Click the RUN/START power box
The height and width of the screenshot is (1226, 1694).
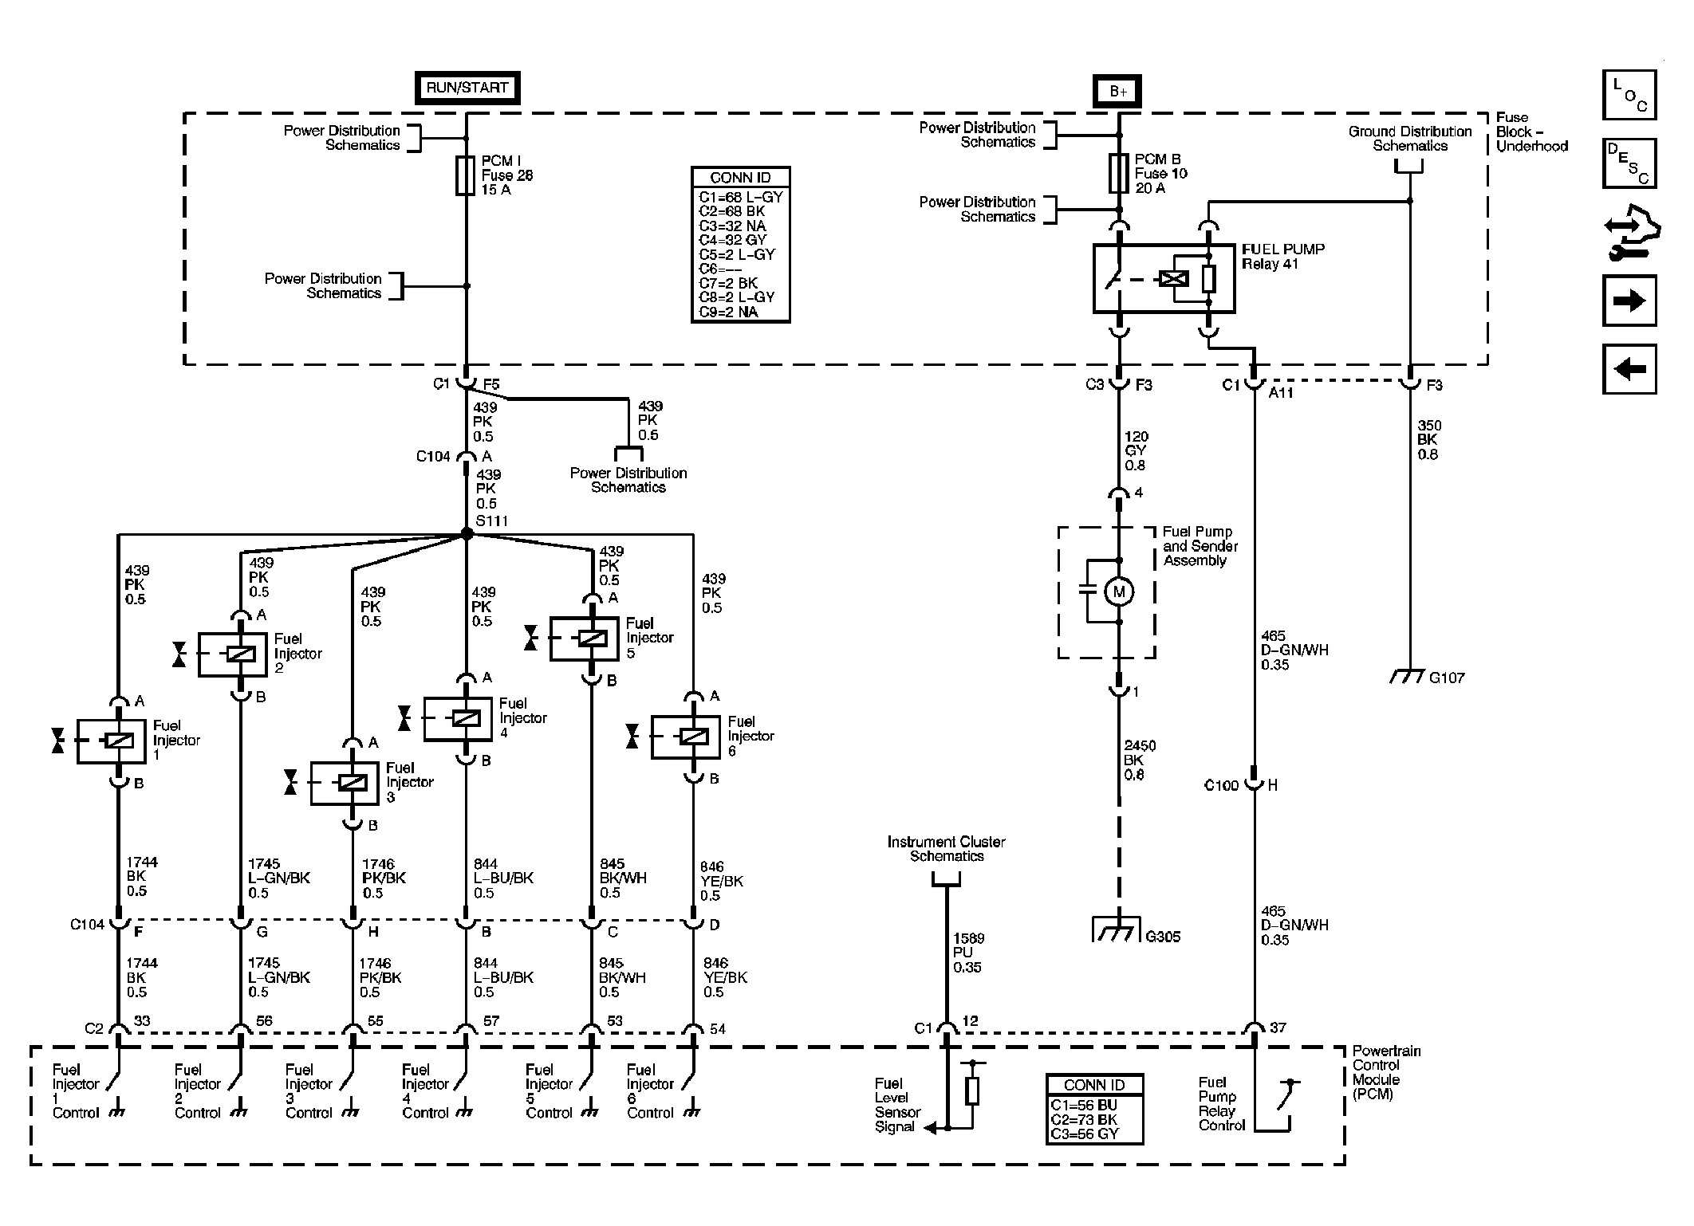click(x=467, y=88)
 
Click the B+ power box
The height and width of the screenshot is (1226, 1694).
click(x=1117, y=92)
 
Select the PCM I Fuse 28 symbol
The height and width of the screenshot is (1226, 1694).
click(x=467, y=175)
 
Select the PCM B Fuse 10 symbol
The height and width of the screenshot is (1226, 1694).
click(x=1119, y=174)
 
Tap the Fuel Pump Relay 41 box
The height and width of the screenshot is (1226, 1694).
click(x=1164, y=278)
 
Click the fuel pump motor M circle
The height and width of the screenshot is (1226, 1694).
click(x=1118, y=591)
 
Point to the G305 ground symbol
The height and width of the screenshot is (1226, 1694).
click(x=1118, y=931)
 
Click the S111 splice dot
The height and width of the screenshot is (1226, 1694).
click(x=467, y=534)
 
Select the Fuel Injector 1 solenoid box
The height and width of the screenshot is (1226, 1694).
click(x=112, y=741)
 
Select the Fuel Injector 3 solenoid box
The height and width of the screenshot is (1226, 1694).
click(x=345, y=784)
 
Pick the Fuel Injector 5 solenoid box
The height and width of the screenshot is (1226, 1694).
click(x=584, y=639)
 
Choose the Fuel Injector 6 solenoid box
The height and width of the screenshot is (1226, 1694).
click(x=686, y=737)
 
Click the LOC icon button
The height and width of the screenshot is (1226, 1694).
click(x=1629, y=95)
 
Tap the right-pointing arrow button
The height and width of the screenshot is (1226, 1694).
click(x=1629, y=301)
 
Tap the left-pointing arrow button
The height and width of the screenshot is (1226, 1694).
click(x=1629, y=369)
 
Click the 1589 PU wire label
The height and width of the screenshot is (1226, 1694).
click(x=967, y=953)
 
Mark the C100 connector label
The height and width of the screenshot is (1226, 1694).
click(x=1220, y=786)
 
